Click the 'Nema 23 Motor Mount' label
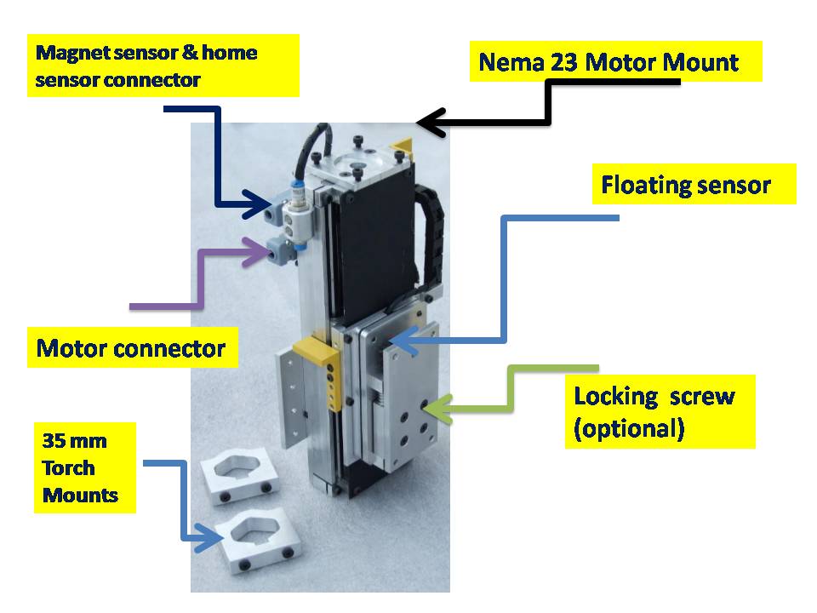(608, 62)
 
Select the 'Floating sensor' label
(686, 185)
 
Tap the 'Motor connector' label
(131, 348)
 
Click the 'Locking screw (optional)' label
(654, 412)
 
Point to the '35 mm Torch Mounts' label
(80, 467)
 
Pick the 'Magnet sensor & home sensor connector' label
(146, 66)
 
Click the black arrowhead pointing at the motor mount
(431, 123)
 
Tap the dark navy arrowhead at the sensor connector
(254, 203)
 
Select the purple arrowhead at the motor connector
(255, 252)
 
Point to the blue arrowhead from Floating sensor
(403, 341)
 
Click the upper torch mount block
(240, 475)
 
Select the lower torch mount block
(260, 540)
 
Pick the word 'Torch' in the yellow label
(68, 467)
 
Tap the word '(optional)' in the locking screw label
(628, 428)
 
